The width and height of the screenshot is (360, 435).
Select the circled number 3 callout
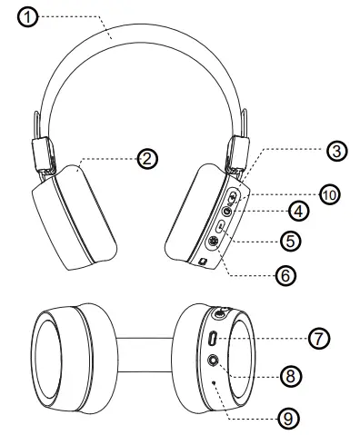pyautogui.click(x=337, y=152)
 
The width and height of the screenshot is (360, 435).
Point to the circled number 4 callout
pyautogui.click(x=297, y=210)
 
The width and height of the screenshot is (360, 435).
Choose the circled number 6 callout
pyautogui.click(x=285, y=274)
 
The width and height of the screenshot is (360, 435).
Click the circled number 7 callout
pyautogui.click(x=316, y=338)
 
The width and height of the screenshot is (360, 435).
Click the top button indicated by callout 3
pyautogui.click(x=234, y=196)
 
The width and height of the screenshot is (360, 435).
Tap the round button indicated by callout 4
pyautogui.click(x=229, y=211)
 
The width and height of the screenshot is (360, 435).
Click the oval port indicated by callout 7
pyautogui.click(x=213, y=340)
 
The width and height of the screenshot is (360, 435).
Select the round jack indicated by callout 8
pyautogui.click(x=214, y=361)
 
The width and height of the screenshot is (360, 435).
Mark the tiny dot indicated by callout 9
pyautogui.click(x=214, y=383)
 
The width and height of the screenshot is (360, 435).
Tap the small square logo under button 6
pyautogui.click(x=203, y=262)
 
